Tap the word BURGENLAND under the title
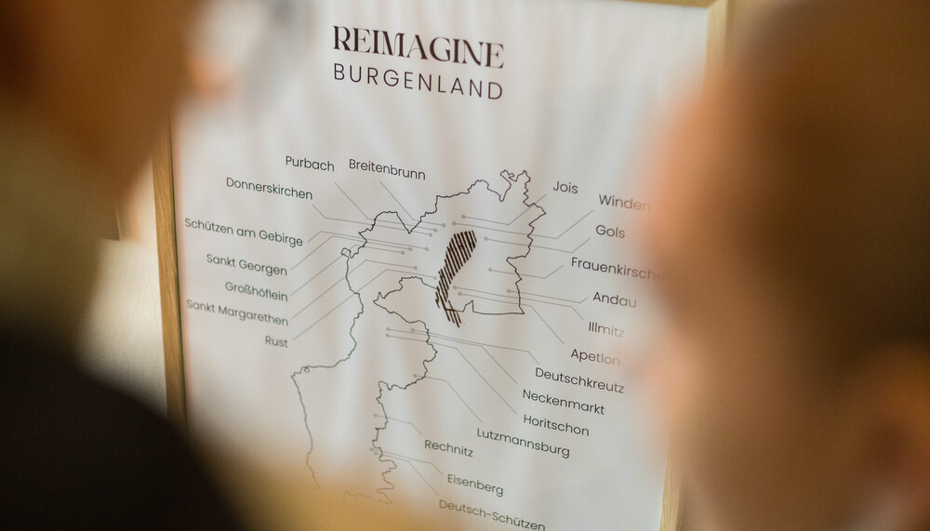pyautogui.click(x=418, y=87)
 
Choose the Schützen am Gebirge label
pyautogui.click(x=243, y=232)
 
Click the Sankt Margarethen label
pyautogui.click(x=237, y=312)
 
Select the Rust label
pyautogui.click(x=275, y=342)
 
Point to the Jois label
pyautogui.click(x=565, y=187)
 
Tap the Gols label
pyautogui.click(x=610, y=232)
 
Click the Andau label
pyautogui.click(x=615, y=299)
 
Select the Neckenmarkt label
pyautogui.click(x=563, y=402)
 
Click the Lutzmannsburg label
pyautogui.click(x=523, y=442)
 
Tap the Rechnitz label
pyautogui.click(x=448, y=450)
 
